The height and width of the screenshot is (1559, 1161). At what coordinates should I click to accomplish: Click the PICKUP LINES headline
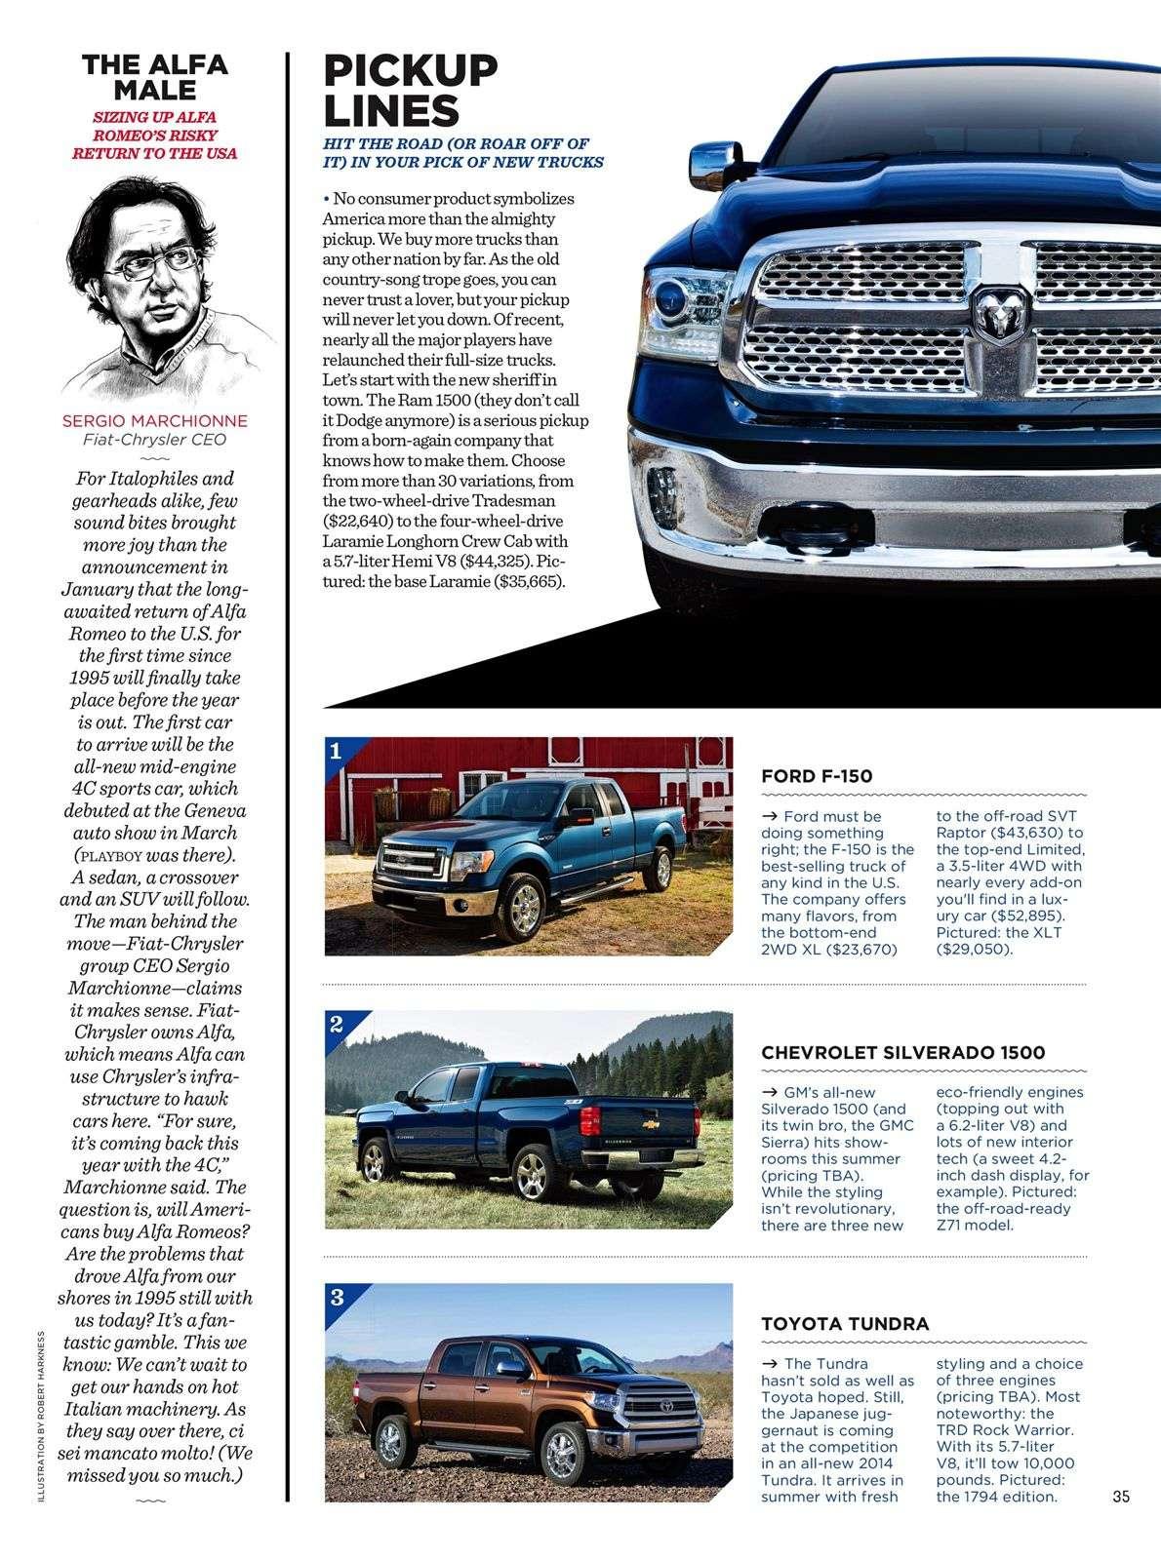(410, 90)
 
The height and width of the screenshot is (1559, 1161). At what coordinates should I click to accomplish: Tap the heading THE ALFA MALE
(154, 77)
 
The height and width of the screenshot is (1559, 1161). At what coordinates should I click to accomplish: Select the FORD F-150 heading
(816, 777)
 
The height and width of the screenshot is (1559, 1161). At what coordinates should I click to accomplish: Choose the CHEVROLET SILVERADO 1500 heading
(902, 1052)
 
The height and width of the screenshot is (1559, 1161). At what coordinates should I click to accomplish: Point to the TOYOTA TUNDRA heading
(844, 1323)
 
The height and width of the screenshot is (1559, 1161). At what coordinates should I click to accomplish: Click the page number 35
(1119, 1496)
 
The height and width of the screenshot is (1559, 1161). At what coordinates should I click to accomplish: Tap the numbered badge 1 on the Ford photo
(336, 751)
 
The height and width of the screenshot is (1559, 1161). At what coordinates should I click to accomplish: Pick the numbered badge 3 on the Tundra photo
(337, 1297)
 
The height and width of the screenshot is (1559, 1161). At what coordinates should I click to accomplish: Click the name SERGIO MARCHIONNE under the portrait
(154, 421)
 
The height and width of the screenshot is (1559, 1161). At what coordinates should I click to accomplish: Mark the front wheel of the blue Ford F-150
(524, 902)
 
